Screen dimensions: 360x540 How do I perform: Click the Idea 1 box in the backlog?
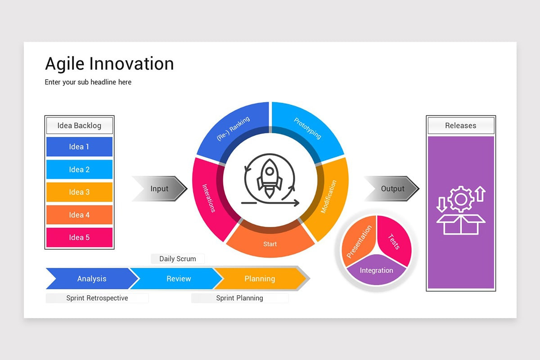[x=79, y=147]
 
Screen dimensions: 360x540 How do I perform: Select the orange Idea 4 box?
[x=79, y=215]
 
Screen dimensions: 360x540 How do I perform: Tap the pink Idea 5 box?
[x=79, y=237]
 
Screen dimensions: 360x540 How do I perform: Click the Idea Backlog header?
[x=79, y=126]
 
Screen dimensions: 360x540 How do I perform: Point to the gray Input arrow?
[x=160, y=189]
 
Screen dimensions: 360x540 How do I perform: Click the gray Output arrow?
[x=392, y=189]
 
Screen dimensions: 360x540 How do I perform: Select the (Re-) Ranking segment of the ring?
[x=233, y=129]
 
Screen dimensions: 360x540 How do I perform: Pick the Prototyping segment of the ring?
[x=308, y=129]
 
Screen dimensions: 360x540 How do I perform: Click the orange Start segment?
[x=270, y=243]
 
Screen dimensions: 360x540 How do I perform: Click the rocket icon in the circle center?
[x=270, y=178]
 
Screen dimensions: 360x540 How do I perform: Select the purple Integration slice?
[x=377, y=271]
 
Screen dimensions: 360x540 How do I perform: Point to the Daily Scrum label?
[x=178, y=259]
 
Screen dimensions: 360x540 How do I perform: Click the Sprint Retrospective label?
[x=97, y=298]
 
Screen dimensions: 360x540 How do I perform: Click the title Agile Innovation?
[x=109, y=64]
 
